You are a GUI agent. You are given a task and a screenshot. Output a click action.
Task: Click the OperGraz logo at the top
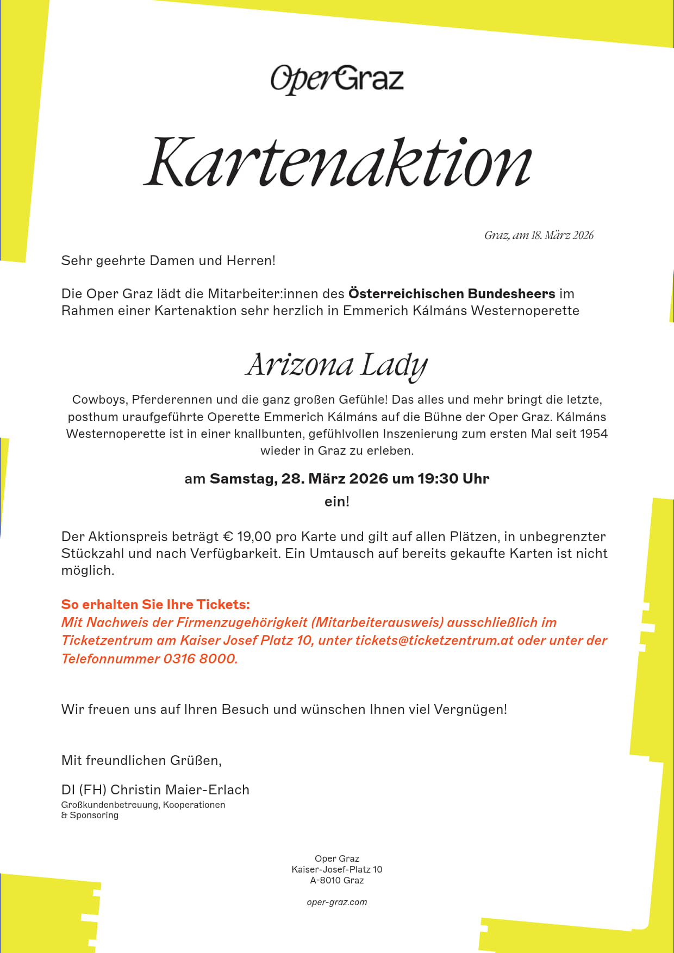(337, 79)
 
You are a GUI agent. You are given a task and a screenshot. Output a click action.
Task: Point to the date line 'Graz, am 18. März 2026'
(539, 235)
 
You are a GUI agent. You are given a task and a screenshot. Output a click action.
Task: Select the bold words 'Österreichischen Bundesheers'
(452, 294)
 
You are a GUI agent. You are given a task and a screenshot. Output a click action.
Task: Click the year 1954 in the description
(594, 434)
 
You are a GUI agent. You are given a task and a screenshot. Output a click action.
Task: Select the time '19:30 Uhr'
(453, 479)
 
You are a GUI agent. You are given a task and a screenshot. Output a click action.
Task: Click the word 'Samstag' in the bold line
(243, 479)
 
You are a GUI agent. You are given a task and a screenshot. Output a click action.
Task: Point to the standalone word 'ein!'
(337, 501)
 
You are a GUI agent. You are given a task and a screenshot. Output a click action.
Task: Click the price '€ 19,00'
(247, 537)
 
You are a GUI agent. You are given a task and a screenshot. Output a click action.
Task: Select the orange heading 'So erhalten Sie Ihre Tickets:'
(155, 605)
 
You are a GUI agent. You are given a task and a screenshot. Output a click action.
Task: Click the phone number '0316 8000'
(200, 659)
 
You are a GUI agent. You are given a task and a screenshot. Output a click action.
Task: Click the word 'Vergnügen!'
(470, 710)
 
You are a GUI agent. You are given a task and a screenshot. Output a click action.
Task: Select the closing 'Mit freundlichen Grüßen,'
(141, 761)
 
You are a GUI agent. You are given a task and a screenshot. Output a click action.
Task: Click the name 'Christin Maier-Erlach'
(180, 790)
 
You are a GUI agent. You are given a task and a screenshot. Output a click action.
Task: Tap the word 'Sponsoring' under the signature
(94, 816)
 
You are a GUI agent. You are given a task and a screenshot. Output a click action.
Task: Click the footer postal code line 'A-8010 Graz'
(337, 881)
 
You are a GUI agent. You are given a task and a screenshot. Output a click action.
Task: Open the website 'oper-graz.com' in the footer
(337, 902)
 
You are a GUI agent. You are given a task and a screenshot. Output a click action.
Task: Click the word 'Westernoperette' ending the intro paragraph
(525, 311)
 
